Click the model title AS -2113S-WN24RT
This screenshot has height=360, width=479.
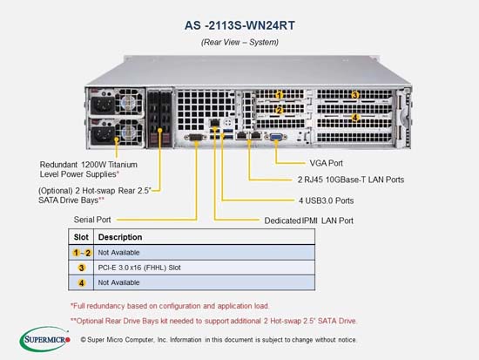pos(239,25)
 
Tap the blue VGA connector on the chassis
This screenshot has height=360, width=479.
pos(276,136)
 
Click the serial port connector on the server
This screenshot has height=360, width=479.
pos(195,138)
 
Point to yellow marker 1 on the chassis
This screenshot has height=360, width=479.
pos(279,95)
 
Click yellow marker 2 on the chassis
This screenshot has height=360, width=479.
pos(279,110)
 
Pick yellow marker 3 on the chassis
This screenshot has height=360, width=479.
pos(354,95)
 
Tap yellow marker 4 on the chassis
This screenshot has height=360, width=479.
pos(354,118)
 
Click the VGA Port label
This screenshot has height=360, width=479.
pos(327,163)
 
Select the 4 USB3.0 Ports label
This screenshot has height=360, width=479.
pos(327,200)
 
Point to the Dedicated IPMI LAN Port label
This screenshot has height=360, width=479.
pos(309,221)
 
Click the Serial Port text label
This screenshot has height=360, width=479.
pos(92,220)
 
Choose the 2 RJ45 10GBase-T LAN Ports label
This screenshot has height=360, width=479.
pos(351,180)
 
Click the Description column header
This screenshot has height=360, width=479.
pos(120,237)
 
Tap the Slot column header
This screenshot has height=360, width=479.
pos(81,237)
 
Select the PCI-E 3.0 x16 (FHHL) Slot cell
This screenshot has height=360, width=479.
pos(139,268)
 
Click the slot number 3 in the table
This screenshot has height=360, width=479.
pos(81,268)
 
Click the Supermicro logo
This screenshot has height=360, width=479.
pos(45,339)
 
